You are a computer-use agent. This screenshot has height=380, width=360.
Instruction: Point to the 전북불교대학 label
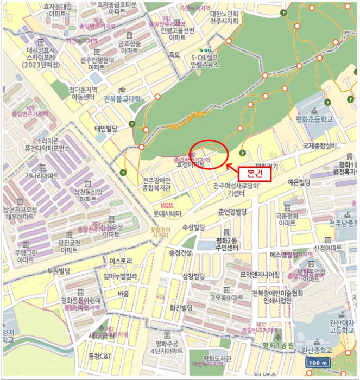point(122,99)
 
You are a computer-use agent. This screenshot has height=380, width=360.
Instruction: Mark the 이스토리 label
point(121,261)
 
